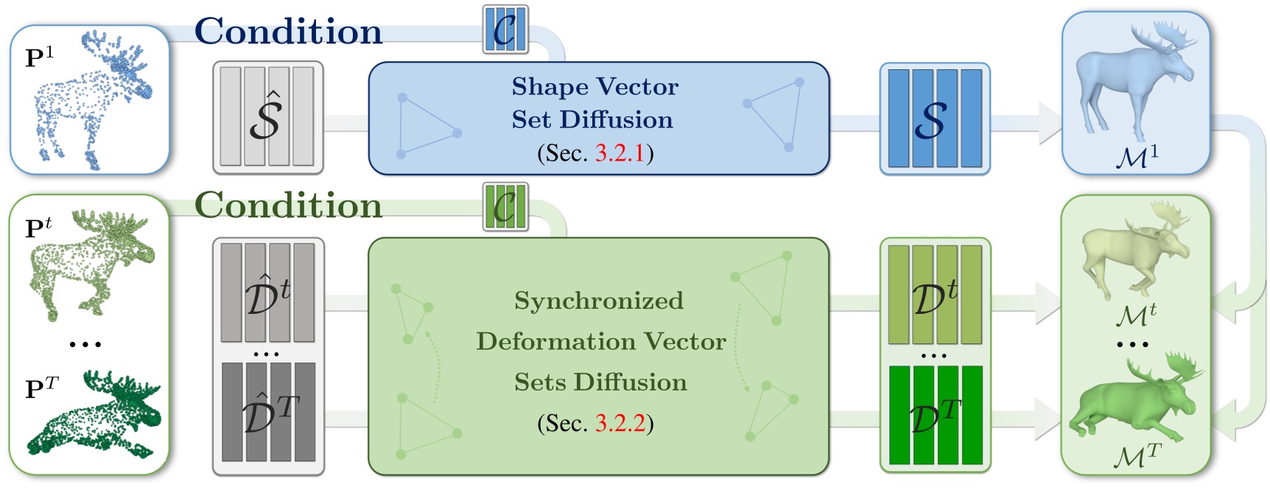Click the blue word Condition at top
pos(288,31)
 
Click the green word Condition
pos(288,205)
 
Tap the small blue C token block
pos(505,29)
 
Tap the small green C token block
pos(505,206)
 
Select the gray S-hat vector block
pos(267,117)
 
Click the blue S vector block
pos(934,118)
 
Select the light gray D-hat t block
pos(267,293)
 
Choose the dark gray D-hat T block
pos(268,413)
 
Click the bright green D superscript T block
pos(935,415)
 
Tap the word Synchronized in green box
pos(598,301)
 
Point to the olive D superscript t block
pos(935,295)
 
